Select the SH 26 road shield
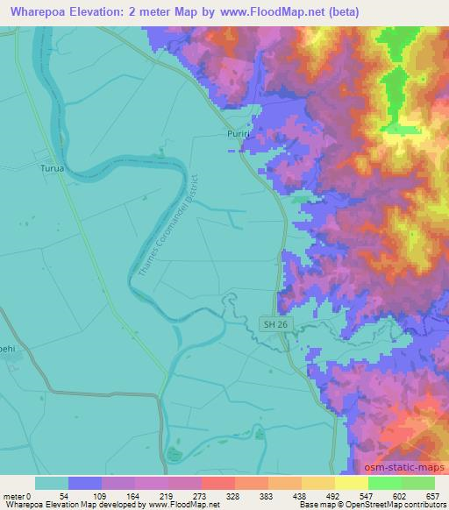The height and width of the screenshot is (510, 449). click(x=275, y=324)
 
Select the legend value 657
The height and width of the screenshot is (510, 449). click(x=432, y=495)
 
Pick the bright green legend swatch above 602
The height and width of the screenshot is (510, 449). click(x=384, y=483)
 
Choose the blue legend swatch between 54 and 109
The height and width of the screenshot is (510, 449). click(x=85, y=483)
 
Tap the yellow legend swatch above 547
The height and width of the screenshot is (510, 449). click(x=352, y=483)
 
